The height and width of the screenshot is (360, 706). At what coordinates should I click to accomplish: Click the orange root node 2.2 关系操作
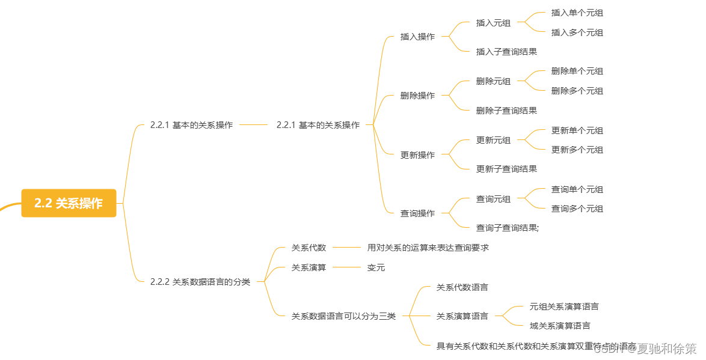coord(69,203)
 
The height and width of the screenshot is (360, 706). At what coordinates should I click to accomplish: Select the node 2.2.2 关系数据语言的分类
coord(200,281)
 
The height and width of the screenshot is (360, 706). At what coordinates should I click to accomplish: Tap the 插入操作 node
coord(417,37)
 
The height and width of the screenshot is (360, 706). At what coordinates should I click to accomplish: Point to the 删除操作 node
coord(417,96)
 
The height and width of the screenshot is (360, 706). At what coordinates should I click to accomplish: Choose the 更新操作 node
coord(417,155)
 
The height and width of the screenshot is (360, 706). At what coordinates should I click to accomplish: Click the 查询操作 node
coord(417,213)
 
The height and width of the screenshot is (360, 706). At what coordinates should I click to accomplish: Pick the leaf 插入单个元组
coord(577,13)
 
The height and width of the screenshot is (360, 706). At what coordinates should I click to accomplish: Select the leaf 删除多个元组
coord(577,91)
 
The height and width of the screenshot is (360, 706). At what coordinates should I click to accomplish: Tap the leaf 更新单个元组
coord(577,130)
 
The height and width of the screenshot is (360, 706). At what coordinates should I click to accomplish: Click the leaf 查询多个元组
coord(577,209)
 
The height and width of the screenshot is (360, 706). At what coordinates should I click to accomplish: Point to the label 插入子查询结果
coord(506,52)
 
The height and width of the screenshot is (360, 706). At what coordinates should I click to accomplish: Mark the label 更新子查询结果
coord(506,169)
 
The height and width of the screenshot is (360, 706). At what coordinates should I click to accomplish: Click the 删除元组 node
coord(493,81)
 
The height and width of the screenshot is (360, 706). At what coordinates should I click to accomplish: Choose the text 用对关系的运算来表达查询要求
coord(428,248)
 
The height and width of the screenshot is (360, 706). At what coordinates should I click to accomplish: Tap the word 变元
coord(376,267)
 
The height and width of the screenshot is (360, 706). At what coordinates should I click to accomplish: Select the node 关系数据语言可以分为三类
coord(343,316)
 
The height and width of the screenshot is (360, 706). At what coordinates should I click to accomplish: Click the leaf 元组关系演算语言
coord(564,307)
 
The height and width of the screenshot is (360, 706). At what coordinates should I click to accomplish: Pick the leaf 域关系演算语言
coord(560,326)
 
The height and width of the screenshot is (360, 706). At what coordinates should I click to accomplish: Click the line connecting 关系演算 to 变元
coord(346,267)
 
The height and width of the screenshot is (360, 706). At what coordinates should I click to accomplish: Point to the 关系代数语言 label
coord(462,287)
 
